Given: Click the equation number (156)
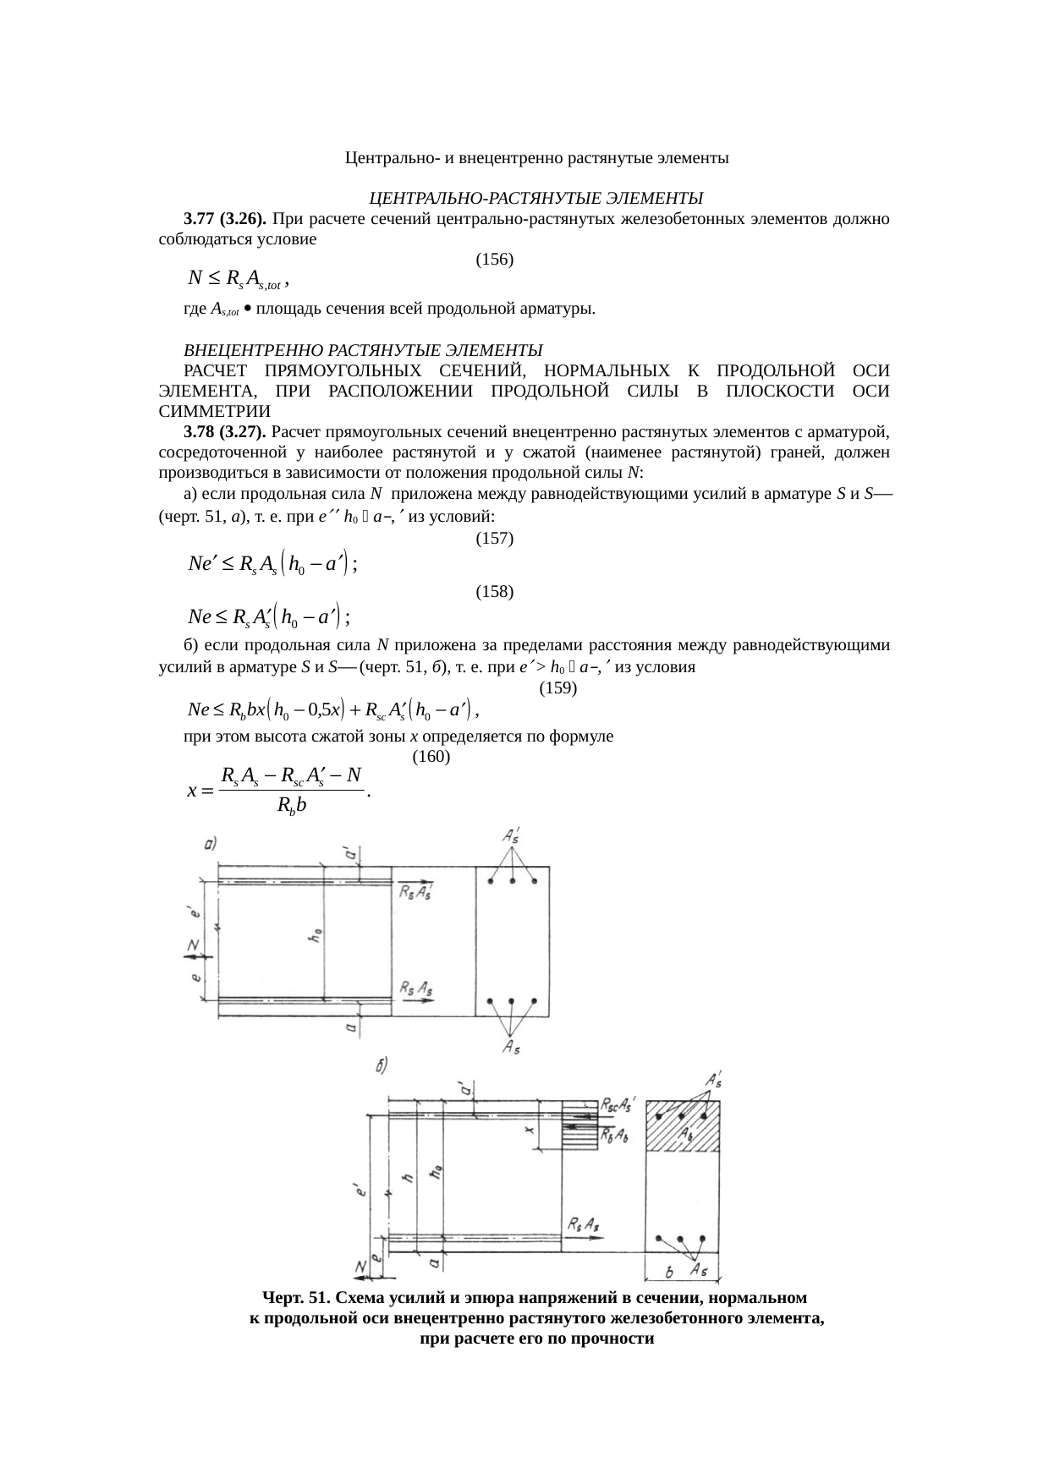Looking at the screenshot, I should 495,259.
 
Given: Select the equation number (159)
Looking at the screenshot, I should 558,687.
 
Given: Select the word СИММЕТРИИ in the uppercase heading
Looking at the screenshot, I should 215,412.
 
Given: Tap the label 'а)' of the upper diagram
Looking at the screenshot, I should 212,844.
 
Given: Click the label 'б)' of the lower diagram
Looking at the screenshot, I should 382,1066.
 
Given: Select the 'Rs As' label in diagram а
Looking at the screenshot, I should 417,987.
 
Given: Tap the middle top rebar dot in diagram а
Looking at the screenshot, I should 512,881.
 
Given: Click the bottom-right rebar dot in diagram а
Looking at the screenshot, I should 534,1001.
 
